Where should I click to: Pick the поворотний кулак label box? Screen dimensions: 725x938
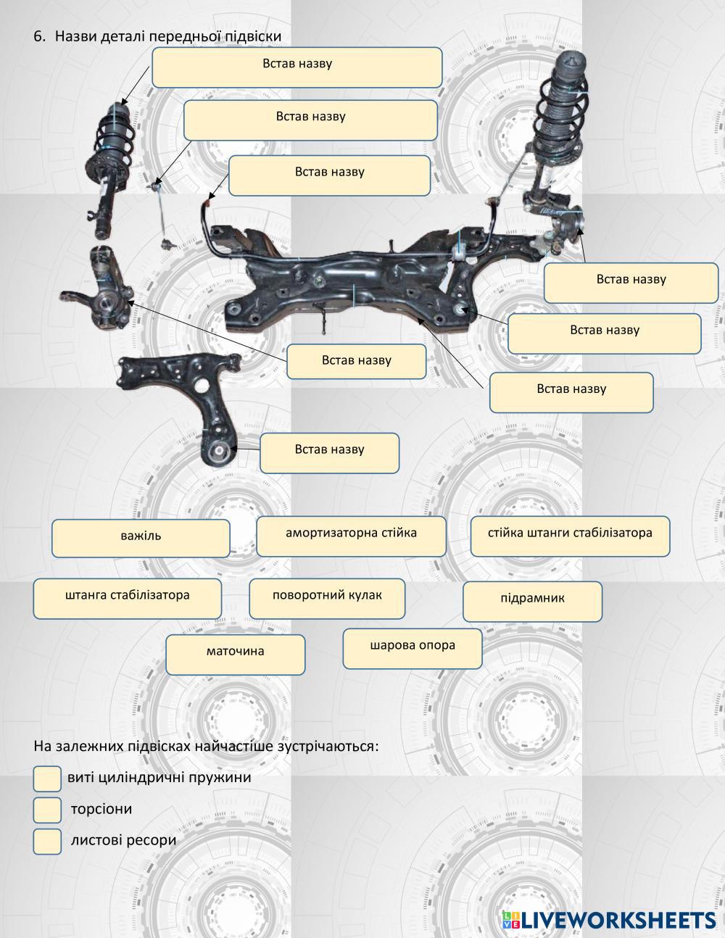(327, 598)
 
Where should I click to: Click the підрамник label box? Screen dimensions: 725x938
(532, 601)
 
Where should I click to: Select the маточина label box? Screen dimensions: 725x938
(235, 654)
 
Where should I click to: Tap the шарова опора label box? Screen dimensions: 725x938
(412, 647)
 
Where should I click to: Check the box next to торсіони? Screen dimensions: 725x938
(47, 810)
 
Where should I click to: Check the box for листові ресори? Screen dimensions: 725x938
(47, 842)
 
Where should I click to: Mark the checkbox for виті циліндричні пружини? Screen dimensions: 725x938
(47, 779)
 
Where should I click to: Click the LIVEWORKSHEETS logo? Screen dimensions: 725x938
(609, 919)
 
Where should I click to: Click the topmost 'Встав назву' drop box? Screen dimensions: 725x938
(297, 67)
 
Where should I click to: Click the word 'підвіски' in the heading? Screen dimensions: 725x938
(254, 36)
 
